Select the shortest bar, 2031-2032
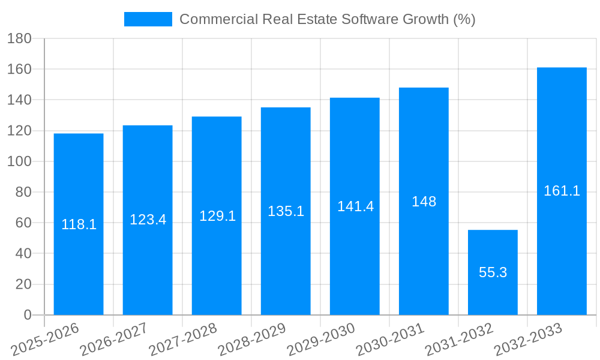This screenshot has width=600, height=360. (x=493, y=252)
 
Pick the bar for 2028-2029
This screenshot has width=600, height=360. (x=286, y=252)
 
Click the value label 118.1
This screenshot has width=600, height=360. (x=79, y=224)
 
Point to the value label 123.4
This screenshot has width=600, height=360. (x=148, y=220)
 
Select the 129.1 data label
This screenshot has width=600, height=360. (x=217, y=215)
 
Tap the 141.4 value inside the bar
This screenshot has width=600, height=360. (x=355, y=206)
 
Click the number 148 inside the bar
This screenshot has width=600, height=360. (x=424, y=202)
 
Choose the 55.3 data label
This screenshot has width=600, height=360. (x=493, y=272)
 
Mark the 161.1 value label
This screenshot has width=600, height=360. (x=562, y=191)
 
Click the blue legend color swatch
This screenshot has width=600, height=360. (x=148, y=19)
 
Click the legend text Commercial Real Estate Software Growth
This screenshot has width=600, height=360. (x=327, y=19)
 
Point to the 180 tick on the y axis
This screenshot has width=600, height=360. (x=19, y=38)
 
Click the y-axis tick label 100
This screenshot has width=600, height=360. (x=19, y=161)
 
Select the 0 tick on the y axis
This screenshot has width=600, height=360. (x=27, y=315)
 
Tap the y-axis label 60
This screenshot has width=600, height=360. (x=23, y=223)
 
